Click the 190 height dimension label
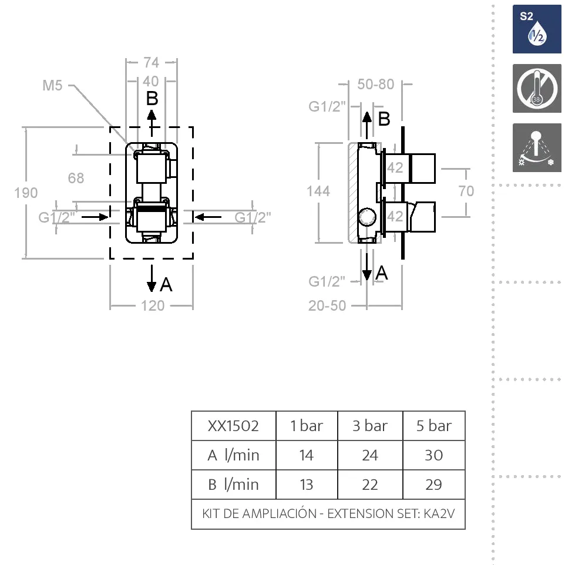(x=26, y=193)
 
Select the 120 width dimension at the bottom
(x=153, y=305)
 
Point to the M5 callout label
(x=52, y=86)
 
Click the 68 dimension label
(x=76, y=178)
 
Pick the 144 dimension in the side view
(x=318, y=191)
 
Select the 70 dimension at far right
(x=466, y=191)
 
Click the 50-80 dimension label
(x=376, y=85)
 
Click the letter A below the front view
(x=166, y=285)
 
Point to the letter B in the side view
(x=384, y=119)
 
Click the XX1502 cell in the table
(x=233, y=426)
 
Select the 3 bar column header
(x=370, y=426)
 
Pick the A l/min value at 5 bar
(x=433, y=455)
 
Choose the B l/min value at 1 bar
(x=307, y=485)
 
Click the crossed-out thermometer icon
(x=537, y=89)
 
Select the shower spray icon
(x=537, y=147)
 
